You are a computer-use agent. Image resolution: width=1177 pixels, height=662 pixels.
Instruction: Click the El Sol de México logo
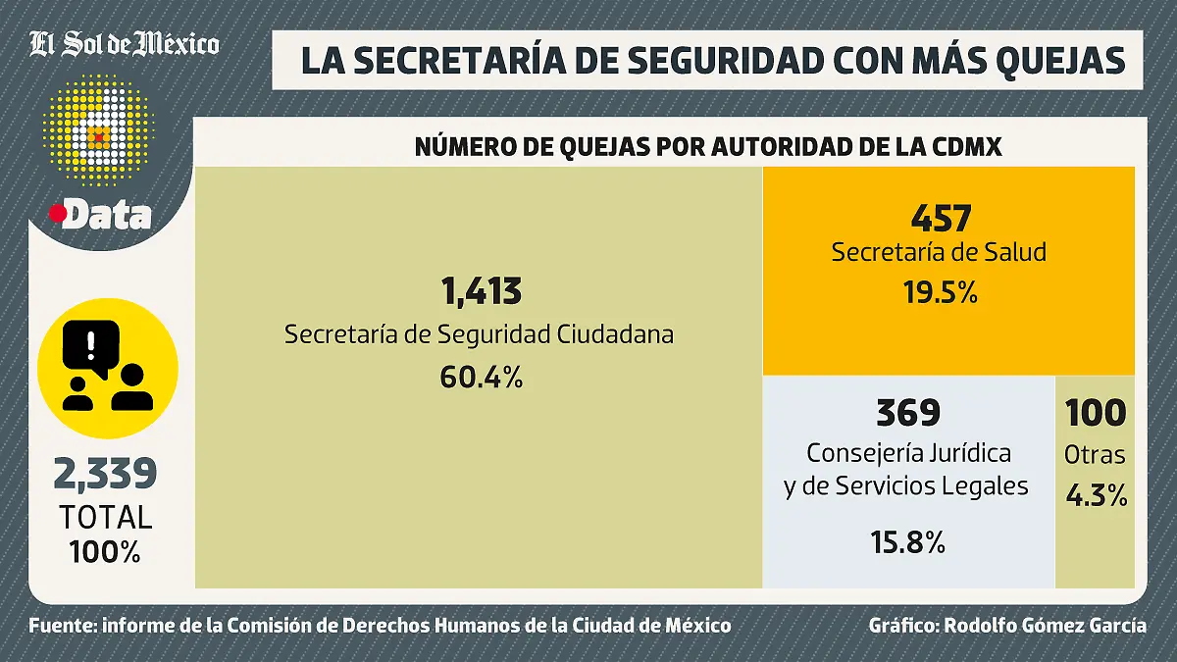tap(124, 44)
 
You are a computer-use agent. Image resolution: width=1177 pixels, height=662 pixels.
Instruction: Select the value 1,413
tap(480, 291)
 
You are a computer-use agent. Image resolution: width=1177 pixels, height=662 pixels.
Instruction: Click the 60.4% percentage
tap(480, 376)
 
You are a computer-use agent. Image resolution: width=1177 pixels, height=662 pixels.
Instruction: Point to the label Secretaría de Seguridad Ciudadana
tap(480, 334)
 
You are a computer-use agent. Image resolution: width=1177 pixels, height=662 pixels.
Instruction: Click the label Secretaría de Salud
tap(939, 252)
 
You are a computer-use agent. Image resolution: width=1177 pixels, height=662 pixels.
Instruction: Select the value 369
tap(907, 413)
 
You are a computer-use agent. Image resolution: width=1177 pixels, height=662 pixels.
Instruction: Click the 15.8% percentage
tap(907, 541)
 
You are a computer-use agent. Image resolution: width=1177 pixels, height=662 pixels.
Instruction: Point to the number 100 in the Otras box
tap(1096, 413)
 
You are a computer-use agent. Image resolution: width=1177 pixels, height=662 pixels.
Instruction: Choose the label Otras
tap(1096, 456)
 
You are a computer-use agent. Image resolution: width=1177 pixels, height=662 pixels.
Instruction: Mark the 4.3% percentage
tap(1096, 496)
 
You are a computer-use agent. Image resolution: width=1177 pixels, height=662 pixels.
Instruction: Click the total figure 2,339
tap(106, 475)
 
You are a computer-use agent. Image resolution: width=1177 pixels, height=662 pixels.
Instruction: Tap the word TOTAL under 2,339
tap(106, 517)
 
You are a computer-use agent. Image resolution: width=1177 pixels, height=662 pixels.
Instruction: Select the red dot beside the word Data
tap(57, 212)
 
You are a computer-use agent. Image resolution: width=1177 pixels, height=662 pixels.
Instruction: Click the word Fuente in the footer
tap(61, 626)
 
